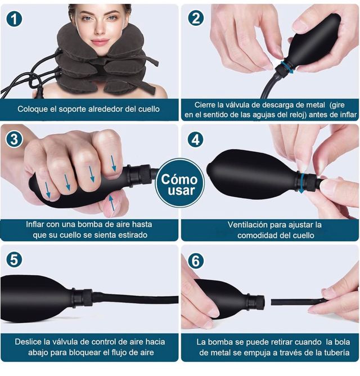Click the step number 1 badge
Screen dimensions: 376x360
coord(15,19)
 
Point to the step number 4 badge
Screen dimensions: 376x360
coord(195,139)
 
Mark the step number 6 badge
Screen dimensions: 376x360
coord(196,260)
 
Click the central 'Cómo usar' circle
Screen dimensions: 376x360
coord(179,183)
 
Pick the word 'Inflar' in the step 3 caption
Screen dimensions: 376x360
coord(38,224)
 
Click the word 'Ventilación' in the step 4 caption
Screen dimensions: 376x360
coord(248,224)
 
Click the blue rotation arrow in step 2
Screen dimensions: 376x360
coord(288,67)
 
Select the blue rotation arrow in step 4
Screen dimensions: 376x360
coord(304,183)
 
